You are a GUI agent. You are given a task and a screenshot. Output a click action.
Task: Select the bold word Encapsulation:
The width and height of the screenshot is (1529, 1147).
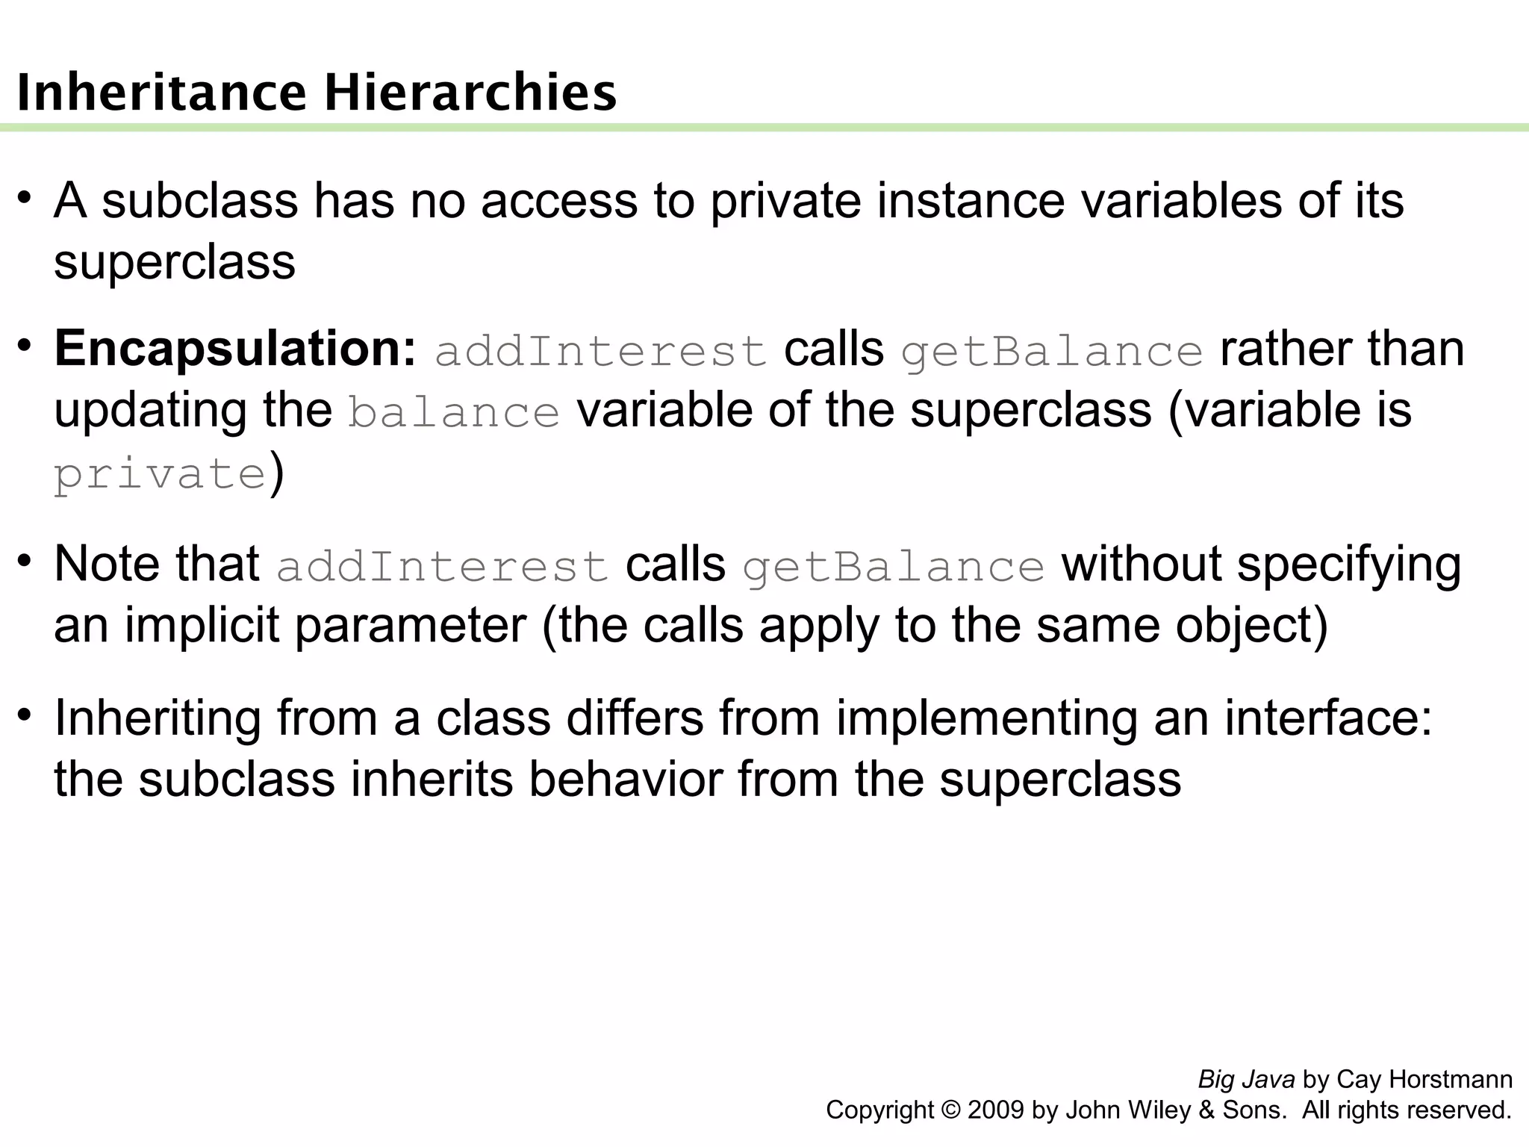(234, 349)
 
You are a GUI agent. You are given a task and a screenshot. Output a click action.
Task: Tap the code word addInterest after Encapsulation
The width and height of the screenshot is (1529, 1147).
(601, 352)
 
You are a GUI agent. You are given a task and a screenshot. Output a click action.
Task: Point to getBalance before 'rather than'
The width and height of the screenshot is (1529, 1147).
(1052, 352)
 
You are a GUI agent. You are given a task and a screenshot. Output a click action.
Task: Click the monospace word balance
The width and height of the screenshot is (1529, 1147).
(454, 413)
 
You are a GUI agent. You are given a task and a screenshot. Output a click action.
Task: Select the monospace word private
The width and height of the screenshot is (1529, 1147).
(160, 474)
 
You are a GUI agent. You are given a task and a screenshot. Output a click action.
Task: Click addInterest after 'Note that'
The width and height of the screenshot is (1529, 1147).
(443, 566)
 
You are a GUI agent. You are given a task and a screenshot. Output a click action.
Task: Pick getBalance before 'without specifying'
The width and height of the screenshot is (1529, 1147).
(894, 566)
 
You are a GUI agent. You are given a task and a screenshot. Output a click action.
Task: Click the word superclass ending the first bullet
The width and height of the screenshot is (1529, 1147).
(175, 262)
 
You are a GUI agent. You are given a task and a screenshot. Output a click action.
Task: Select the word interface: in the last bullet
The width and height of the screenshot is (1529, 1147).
(1328, 718)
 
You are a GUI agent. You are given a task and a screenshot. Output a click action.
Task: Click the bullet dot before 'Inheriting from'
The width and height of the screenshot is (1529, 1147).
(25, 715)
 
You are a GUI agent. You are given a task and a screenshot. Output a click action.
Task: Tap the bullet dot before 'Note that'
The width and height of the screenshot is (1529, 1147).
(25, 560)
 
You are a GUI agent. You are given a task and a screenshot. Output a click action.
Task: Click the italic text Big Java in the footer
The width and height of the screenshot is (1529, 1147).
(1245, 1080)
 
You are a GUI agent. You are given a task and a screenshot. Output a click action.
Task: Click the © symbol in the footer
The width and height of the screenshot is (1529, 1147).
(951, 1110)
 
